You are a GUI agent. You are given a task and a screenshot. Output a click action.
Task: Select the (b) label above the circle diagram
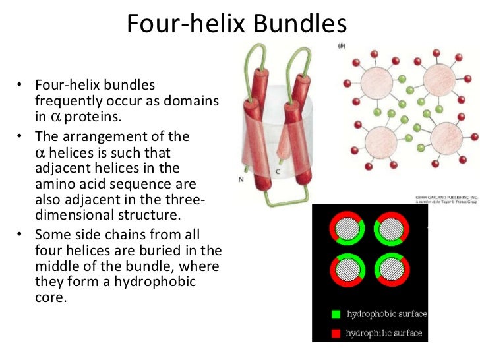(342, 46)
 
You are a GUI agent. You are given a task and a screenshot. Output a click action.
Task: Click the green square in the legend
(336, 314)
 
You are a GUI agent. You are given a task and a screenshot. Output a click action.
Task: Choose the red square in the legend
(336, 332)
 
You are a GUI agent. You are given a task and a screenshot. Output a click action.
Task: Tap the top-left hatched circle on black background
(346, 231)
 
